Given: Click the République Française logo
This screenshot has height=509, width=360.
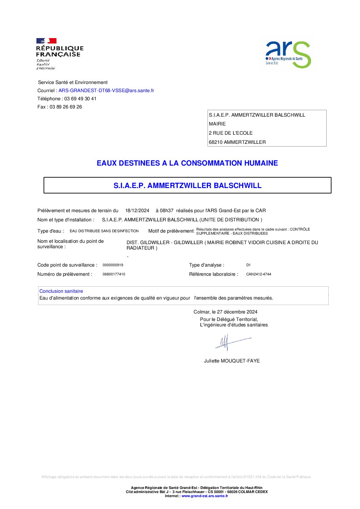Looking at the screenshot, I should coord(59,54).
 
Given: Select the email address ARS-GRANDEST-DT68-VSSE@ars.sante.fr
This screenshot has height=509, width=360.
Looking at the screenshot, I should coord(106,91).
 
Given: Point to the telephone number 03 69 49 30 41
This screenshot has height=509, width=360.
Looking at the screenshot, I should coord(80,99).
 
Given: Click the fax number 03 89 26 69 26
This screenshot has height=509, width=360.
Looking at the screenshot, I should coord(66,107).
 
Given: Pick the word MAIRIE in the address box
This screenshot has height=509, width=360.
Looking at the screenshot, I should coord(217,124).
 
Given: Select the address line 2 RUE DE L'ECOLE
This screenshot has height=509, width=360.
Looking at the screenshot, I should coord(231,133).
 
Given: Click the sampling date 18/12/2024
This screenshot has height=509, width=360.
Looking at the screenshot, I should coord(137,211).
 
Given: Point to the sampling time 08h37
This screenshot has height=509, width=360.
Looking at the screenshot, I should coord(167,211).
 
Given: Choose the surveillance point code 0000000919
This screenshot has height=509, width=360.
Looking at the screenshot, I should coord(113,265).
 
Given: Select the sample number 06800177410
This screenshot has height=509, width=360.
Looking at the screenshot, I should coord(114,274).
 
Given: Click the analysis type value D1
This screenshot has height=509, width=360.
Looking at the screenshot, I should coord(248,265).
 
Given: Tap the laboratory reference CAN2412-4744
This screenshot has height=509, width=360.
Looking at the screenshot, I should coord(259,274).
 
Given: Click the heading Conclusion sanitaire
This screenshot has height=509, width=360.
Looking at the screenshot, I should coord(61,291).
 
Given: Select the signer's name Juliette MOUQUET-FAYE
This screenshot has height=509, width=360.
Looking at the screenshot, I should coord(232,361).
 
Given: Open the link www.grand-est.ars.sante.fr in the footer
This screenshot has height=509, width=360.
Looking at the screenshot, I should coord(205,496).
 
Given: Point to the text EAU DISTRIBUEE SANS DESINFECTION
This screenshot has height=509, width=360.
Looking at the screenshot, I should coord(104,231).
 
